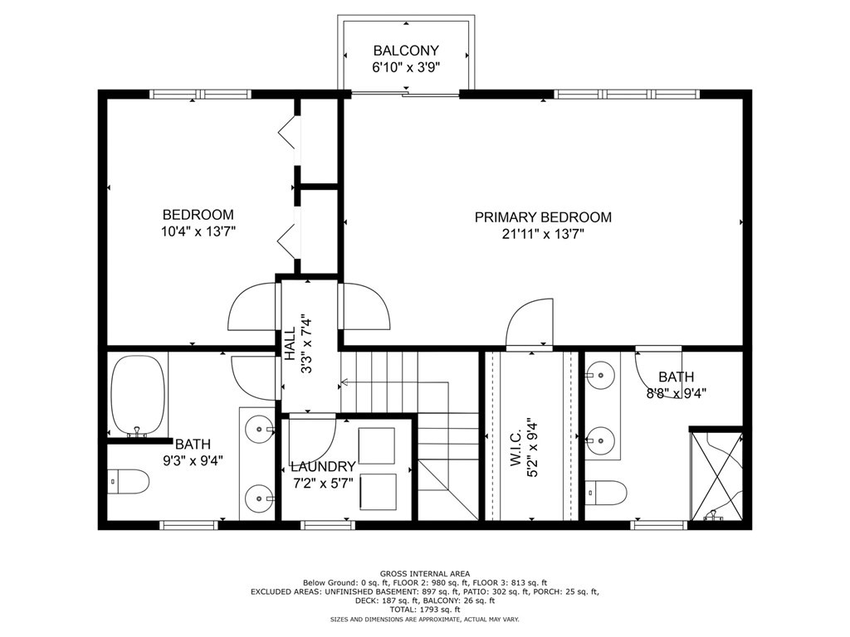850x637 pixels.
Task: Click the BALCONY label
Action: point(406,50)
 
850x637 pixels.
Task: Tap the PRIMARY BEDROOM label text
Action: point(543,217)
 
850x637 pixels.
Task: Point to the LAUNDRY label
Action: point(323,467)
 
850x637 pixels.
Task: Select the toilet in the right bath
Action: point(604,491)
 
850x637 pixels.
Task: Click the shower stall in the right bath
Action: point(716,475)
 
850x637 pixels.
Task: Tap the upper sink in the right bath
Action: point(599,375)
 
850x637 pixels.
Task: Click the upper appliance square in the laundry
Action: point(377,445)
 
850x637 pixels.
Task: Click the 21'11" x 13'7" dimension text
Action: point(543,235)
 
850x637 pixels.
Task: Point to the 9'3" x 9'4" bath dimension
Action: point(193,460)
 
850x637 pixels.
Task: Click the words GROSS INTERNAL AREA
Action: point(424,574)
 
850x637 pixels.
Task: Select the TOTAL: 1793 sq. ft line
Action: point(424,610)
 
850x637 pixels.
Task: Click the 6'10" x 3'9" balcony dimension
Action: point(406,68)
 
